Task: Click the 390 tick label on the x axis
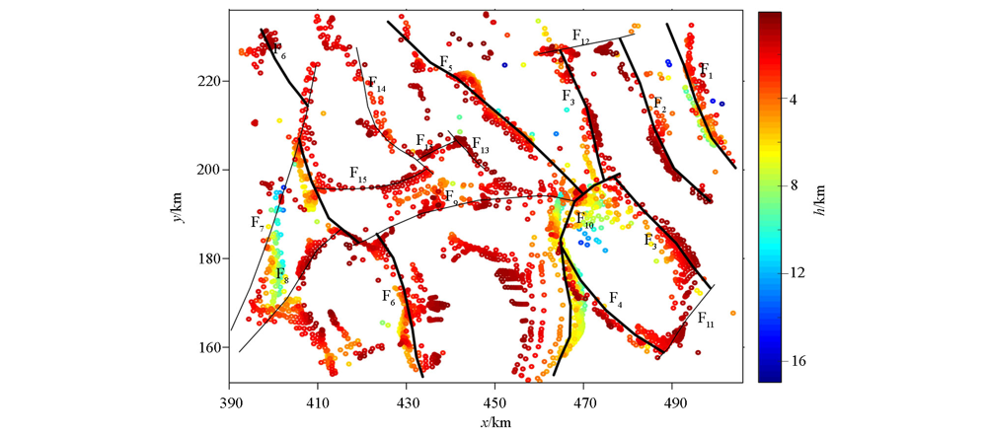pos(230,404)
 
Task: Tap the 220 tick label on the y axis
pos(209,81)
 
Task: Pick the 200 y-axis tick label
pos(209,170)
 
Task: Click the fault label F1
pos(706,70)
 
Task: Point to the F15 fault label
pos(358,174)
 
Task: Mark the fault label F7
pos(258,223)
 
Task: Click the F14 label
pos(376,85)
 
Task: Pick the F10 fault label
pos(584,220)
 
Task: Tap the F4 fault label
pos(615,298)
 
